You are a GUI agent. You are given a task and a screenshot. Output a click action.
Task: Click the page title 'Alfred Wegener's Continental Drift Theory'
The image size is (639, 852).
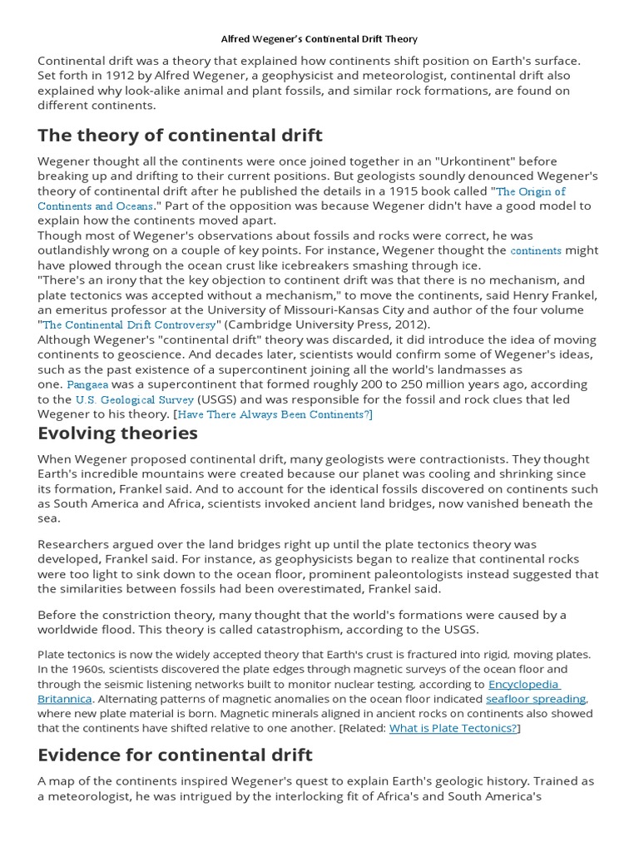(x=319, y=39)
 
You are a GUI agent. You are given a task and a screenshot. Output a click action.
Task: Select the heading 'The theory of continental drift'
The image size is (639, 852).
(x=180, y=135)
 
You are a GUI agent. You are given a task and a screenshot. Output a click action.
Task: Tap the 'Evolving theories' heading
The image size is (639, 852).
(x=117, y=433)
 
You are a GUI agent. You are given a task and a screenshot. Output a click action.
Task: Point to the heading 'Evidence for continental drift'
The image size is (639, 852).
(x=175, y=755)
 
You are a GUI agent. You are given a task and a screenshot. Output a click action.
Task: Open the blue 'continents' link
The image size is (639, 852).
(x=536, y=250)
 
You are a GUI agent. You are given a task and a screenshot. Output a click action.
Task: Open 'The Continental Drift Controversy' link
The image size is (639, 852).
(x=130, y=325)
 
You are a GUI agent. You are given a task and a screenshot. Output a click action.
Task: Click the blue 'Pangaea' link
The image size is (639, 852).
(x=87, y=385)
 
